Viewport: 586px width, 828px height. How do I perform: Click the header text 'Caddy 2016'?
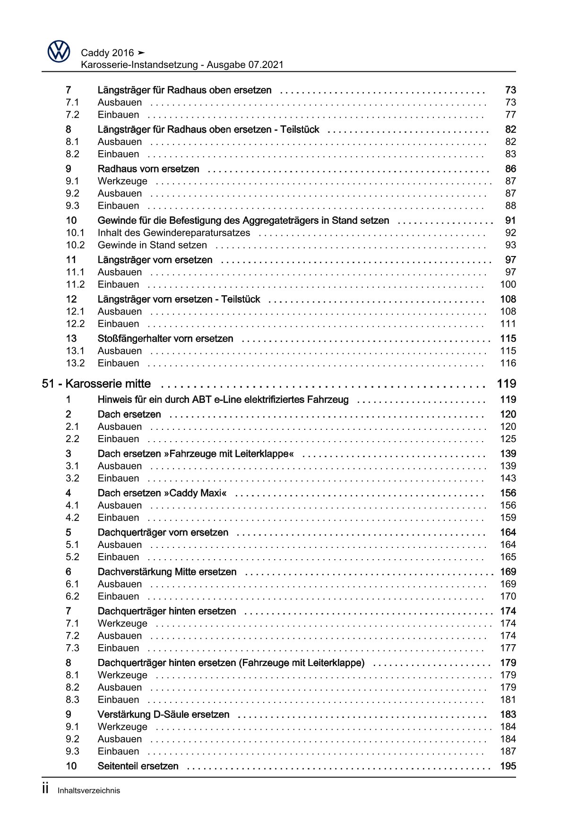107,53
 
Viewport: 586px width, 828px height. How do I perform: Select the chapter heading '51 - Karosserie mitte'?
96,384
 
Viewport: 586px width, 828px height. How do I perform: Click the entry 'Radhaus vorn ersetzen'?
148,169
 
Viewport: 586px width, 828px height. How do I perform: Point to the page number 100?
508,284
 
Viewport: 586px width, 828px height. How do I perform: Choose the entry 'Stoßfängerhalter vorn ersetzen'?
165,338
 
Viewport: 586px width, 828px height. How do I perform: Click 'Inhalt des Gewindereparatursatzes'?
173,232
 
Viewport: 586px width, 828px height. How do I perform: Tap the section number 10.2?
75,245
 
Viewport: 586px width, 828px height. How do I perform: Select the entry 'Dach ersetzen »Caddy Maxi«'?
162,493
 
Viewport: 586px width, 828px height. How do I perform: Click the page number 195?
508,766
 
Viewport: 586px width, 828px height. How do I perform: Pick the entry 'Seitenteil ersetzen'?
138,766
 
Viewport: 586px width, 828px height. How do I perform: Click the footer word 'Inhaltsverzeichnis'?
89,790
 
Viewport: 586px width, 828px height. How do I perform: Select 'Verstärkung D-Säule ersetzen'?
163,714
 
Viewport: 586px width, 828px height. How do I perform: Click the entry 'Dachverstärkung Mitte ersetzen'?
167,572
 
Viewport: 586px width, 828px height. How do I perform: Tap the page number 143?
508,478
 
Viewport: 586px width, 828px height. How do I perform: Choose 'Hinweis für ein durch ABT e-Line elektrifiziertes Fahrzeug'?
223,399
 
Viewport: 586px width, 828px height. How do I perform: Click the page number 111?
508,324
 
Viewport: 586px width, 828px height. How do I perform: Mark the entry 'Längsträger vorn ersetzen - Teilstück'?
179,299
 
